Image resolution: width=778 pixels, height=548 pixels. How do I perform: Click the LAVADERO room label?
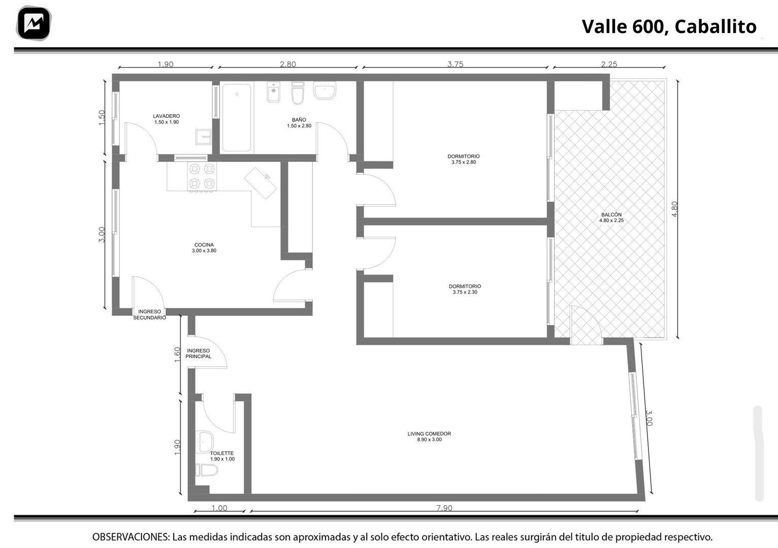click(x=167, y=116)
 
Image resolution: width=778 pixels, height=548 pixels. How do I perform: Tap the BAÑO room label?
click(x=299, y=120)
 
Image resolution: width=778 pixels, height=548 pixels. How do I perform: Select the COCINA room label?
click(x=204, y=245)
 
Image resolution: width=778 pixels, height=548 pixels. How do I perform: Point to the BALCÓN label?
click(x=611, y=215)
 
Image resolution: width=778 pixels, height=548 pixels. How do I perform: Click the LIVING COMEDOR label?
click(x=429, y=434)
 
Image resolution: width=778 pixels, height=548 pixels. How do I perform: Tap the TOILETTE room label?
click(x=222, y=453)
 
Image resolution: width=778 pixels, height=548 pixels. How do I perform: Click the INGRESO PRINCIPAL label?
click(x=199, y=353)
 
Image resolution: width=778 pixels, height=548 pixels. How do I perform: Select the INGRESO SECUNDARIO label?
click(x=150, y=315)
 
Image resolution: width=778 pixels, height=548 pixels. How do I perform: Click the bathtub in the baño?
click(x=237, y=117)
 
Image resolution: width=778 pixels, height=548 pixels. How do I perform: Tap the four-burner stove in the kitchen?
click(x=202, y=177)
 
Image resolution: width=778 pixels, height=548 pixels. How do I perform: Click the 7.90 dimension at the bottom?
click(x=444, y=508)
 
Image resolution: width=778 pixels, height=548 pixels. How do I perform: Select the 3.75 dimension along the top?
click(x=456, y=64)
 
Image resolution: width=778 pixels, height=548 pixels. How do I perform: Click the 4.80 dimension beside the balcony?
click(x=674, y=209)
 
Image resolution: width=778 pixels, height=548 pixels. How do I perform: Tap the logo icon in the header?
click(x=34, y=23)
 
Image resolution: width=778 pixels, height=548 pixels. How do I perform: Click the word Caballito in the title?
click(x=716, y=27)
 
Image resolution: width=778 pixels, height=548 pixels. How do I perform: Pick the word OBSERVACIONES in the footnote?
click(x=131, y=537)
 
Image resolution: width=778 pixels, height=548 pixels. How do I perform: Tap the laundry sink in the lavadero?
click(x=203, y=137)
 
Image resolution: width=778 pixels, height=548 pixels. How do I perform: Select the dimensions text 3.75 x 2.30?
click(x=465, y=292)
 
